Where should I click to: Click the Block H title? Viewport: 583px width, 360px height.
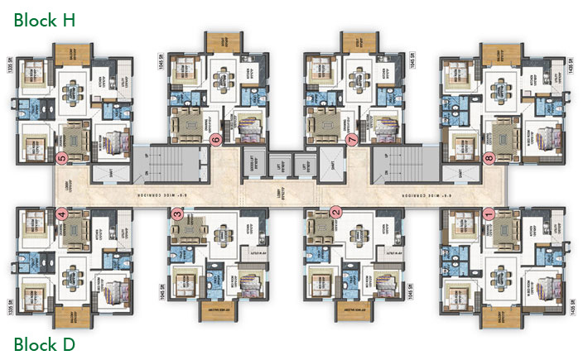45,20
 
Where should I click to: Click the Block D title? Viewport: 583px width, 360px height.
45,343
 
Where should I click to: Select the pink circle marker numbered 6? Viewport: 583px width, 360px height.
216,140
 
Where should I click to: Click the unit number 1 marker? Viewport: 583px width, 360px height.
489,213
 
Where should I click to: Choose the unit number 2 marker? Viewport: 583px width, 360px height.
336,212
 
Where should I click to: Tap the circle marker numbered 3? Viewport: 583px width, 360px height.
177,214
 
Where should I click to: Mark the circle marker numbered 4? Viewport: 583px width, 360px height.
60,214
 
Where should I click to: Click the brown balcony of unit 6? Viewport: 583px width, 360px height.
222,41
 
